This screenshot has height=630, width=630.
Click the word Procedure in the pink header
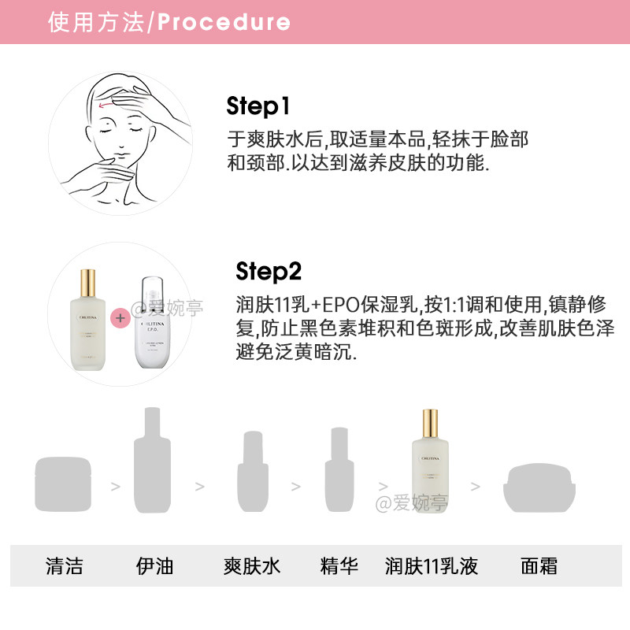(224, 22)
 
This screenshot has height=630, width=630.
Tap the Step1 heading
(258, 106)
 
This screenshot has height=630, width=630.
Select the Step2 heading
(269, 272)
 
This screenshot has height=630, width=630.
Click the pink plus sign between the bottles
(120, 318)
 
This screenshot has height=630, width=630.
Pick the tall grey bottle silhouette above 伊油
(152, 465)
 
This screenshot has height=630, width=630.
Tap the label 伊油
(154, 565)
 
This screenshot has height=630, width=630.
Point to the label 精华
(340, 565)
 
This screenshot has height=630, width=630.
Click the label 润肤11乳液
(432, 565)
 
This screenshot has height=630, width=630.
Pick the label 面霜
(539, 565)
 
